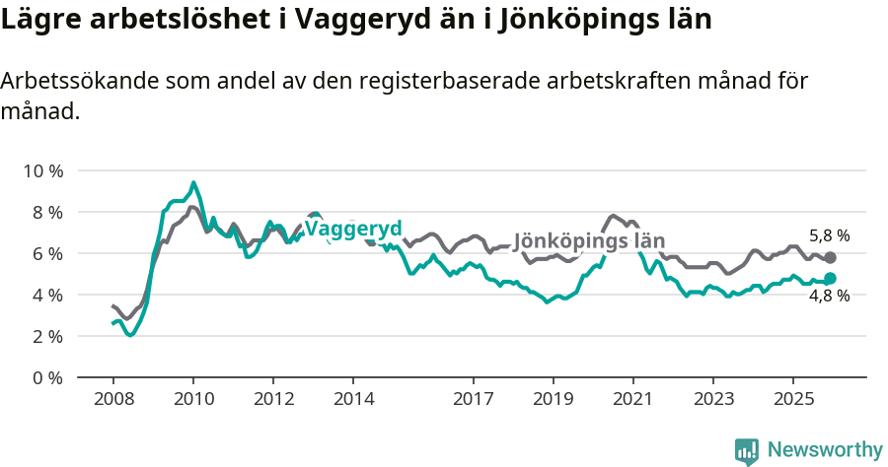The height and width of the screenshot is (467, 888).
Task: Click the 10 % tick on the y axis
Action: click(41, 170)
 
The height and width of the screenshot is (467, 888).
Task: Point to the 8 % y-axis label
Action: click(45, 212)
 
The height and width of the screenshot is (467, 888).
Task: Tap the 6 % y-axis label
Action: click(45, 253)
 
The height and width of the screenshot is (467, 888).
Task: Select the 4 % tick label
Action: click(45, 295)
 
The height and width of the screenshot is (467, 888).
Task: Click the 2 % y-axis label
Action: click(45, 336)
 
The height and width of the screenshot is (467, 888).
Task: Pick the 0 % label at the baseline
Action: click(45, 377)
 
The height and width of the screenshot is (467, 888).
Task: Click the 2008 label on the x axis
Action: click(112, 400)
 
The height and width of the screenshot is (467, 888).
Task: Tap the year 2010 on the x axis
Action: click(193, 400)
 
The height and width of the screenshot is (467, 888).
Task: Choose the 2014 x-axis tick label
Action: click(353, 400)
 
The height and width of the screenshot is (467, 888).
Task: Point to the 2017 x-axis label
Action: click(474, 400)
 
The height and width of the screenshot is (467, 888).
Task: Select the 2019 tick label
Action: click(554, 400)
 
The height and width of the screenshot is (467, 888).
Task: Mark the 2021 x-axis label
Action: click(633, 400)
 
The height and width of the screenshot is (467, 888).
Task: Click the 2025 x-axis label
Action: click(793, 400)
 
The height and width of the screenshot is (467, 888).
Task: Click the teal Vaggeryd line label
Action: click(353, 229)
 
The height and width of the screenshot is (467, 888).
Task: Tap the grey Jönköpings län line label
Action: click(590, 240)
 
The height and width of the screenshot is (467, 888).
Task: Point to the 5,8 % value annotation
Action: click(829, 235)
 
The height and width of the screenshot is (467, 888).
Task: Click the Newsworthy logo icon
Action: click(747, 450)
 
